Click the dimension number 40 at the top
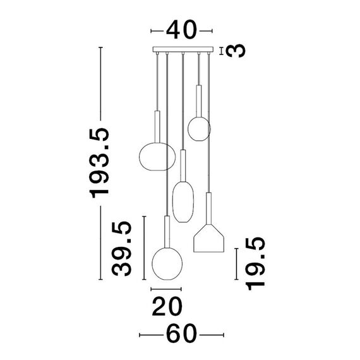(x=182, y=30)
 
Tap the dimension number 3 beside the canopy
(x=236, y=51)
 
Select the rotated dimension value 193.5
(x=99, y=163)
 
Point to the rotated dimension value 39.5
(x=121, y=248)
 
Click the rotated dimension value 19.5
(x=255, y=264)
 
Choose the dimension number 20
(x=167, y=306)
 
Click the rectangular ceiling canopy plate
(x=183, y=49)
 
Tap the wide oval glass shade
(x=157, y=157)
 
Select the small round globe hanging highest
(x=199, y=129)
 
